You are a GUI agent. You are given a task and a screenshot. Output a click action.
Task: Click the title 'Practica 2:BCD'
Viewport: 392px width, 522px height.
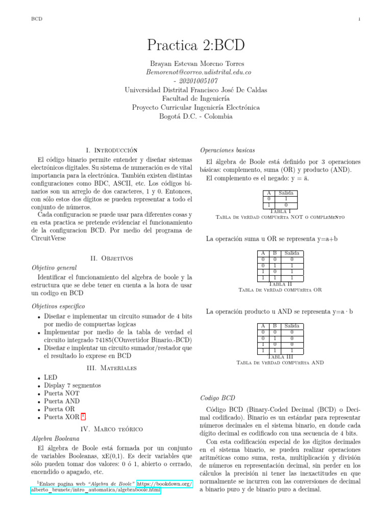pyautogui.click(x=196, y=46)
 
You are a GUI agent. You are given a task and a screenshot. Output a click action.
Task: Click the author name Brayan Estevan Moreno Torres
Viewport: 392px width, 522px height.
pyautogui.click(x=196, y=64)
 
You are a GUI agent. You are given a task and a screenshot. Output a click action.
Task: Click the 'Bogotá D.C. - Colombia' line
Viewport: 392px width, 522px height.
pyautogui.click(x=196, y=116)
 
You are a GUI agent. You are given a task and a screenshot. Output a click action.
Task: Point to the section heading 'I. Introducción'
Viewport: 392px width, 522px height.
pyautogui.click(x=112, y=150)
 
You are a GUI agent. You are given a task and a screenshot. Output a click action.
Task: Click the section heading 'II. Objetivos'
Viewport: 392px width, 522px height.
pyautogui.click(x=112, y=258)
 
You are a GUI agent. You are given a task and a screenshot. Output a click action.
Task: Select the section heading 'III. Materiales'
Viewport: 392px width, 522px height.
pyautogui.click(x=112, y=368)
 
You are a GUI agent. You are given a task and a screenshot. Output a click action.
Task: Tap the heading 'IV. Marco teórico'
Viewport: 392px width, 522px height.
pyautogui.click(x=112, y=429)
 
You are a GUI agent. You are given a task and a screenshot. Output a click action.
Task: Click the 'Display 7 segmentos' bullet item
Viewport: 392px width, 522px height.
pyautogui.click(x=72, y=385)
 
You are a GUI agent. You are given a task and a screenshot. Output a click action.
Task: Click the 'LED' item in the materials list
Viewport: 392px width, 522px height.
pyautogui.click(x=51, y=377)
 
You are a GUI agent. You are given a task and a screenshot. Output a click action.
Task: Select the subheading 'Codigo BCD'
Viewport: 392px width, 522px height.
pyautogui.click(x=217, y=398)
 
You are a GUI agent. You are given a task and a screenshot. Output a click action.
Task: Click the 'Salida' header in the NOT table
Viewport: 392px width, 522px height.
pyautogui.click(x=286, y=193)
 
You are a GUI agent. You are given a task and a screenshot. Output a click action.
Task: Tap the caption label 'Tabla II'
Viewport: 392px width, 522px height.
pyautogui.click(x=280, y=284)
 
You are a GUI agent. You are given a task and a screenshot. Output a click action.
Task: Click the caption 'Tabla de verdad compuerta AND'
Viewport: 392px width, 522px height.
pyautogui.click(x=280, y=363)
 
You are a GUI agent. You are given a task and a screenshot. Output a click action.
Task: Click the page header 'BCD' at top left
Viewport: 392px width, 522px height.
pyautogui.click(x=37, y=19)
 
